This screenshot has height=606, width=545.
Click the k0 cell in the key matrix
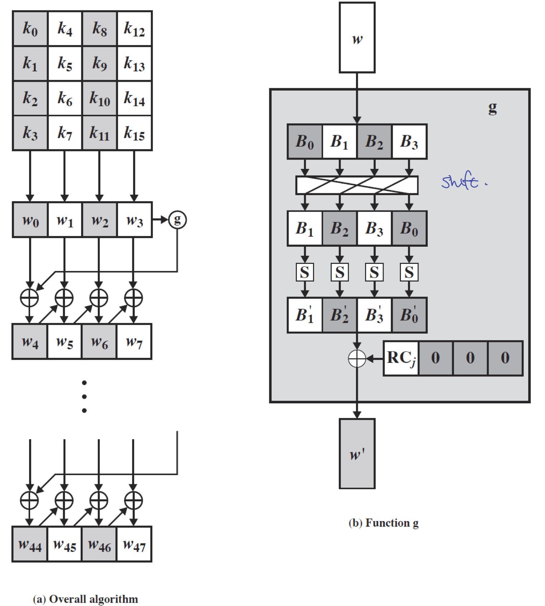point(30,28)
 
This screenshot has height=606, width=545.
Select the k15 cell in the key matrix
point(134,133)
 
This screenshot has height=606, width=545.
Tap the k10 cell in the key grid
point(100,99)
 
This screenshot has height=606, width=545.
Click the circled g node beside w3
point(177,219)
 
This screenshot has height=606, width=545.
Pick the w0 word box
point(30,220)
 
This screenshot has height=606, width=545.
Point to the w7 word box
point(134,342)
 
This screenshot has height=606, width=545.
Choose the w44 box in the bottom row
point(30,544)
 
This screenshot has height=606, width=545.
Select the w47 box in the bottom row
point(134,544)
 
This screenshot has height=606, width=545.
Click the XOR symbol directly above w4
point(29,298)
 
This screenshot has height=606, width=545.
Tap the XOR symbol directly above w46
point(99,501)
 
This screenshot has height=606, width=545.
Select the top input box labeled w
point(357,38)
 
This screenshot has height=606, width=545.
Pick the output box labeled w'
point(357,454)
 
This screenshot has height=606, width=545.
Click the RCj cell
point(401,358)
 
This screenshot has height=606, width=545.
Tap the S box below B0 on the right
point(409,272)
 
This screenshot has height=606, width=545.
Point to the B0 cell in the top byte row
point(305,142)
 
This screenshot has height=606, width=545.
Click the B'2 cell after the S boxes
point(340,315)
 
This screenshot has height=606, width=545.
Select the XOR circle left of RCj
point(357,358)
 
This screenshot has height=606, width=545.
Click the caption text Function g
point(392,523)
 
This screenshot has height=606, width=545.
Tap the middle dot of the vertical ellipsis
point(84,397)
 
